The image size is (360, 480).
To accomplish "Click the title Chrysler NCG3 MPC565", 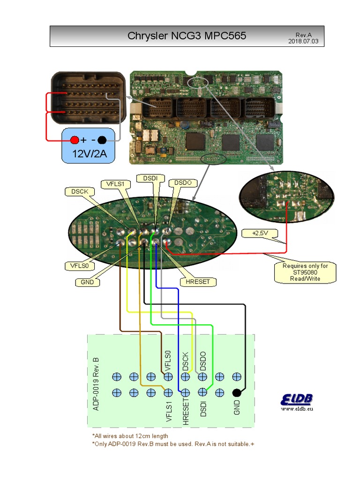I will point(187,36).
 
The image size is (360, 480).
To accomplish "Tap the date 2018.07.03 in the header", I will point(303,41).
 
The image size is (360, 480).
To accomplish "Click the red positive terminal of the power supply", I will point(75,140).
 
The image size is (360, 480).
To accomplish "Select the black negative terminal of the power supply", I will point(102,140).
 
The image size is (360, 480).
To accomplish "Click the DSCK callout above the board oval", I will point(80,191).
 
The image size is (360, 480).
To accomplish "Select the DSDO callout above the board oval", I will point(183,183).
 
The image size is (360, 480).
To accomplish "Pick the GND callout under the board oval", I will point(87,282).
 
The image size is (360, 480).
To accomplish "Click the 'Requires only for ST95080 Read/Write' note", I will point(305,272).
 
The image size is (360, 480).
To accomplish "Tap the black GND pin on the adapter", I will point(237,393).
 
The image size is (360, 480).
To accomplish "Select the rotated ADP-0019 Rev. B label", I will point(96,383).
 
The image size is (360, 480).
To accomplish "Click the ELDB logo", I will point(297,399).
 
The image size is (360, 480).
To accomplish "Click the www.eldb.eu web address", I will point(297,409).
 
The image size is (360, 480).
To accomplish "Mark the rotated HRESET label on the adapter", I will point(186,411).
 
